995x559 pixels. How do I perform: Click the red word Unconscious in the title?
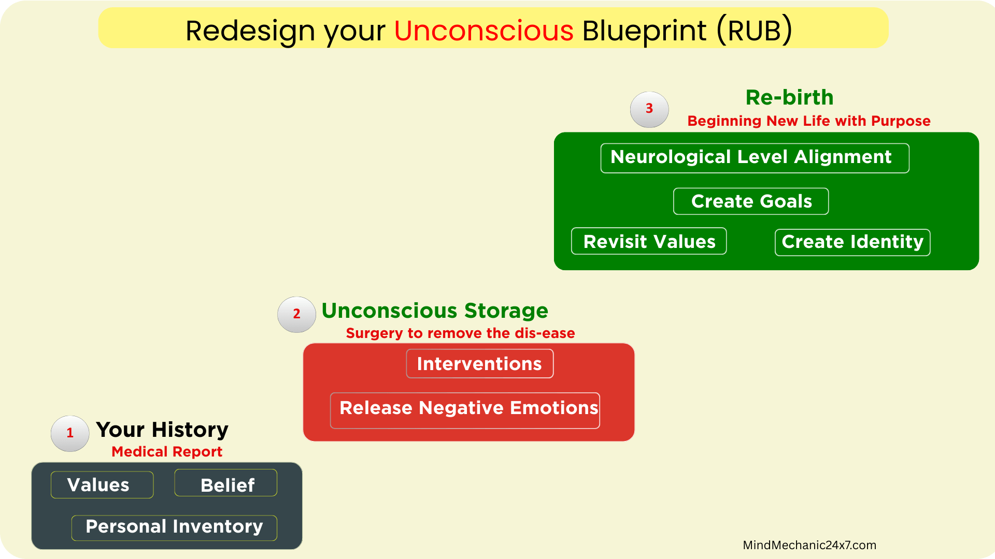coord(484,31)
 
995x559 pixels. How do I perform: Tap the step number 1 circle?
coord(70,433)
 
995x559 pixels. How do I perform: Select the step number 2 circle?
coord(296,314)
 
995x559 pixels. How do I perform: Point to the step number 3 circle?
coord(649,109)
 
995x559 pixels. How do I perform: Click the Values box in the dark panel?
coord(102,485)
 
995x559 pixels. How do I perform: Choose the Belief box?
coord(226,483)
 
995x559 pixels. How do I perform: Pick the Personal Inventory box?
coord(174,528)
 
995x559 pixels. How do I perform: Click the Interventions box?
coord(480,363)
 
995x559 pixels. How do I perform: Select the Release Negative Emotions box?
coord(465,410)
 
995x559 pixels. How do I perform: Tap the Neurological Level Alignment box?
coord(755,158)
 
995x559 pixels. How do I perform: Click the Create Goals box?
coord(751,201)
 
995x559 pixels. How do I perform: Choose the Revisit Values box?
coord(649,241)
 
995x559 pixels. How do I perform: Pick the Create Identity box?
coord(852,242)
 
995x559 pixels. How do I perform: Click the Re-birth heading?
coord(789,97)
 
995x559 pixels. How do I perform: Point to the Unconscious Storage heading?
coord(435,311)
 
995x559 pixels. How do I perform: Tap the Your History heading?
coord(162,430)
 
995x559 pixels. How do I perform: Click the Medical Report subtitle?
coord(167,452)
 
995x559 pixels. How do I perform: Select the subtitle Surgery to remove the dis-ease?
coord(460,333)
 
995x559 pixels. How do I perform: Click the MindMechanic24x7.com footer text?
coord(809,545)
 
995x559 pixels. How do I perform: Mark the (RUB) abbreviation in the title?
coord(755,31)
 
